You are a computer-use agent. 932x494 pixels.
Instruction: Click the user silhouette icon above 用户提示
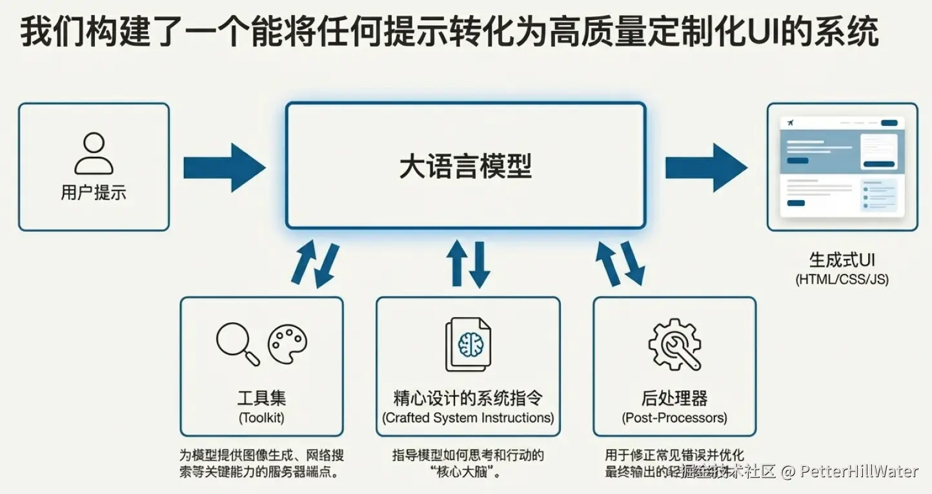pos(94,154)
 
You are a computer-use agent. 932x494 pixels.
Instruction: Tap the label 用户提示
pos(94,192)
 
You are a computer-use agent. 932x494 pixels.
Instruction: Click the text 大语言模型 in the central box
pos(465,167)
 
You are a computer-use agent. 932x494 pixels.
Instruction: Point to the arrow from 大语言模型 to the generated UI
pos(705,168)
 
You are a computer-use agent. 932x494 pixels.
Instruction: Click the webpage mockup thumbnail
pos(842,167)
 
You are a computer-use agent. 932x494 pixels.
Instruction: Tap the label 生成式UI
pos(842,260)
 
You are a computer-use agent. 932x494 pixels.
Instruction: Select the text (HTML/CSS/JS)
pos(842,280)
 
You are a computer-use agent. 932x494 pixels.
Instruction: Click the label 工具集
pos(261,397)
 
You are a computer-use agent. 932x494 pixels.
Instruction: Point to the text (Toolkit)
pos(261,418)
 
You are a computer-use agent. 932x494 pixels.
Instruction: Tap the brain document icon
pos(468,344)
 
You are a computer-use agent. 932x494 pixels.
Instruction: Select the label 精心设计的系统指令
pos(468,397)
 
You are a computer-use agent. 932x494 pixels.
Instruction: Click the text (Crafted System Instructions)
pos(468,418)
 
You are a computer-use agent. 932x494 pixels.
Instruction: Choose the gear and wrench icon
pos(674,344)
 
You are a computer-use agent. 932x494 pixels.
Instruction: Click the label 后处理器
pos(674,397)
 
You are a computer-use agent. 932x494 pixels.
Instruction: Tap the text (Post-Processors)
pos(674,418)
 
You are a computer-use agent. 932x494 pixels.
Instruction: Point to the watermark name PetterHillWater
pos(859,471)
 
